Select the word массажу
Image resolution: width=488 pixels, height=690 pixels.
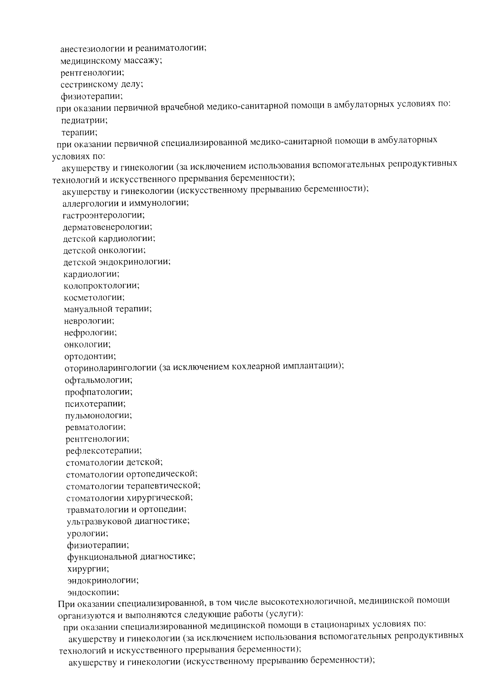[x=143, y=61]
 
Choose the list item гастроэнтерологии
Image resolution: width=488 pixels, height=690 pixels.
[x=104, y=215]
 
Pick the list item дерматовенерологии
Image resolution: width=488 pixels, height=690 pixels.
[x=107, y=227]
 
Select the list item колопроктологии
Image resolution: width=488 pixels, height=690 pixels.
[x=102, y=286]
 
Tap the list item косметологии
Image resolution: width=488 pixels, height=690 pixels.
[x=94, y=298]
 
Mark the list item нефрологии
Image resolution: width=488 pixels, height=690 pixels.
[x=91, y=333]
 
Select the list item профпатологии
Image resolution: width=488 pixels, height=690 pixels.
[x=99, y=392]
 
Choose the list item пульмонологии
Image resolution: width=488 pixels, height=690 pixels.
[x=98, y=416]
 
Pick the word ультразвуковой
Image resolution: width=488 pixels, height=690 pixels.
[x=100, y=521]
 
